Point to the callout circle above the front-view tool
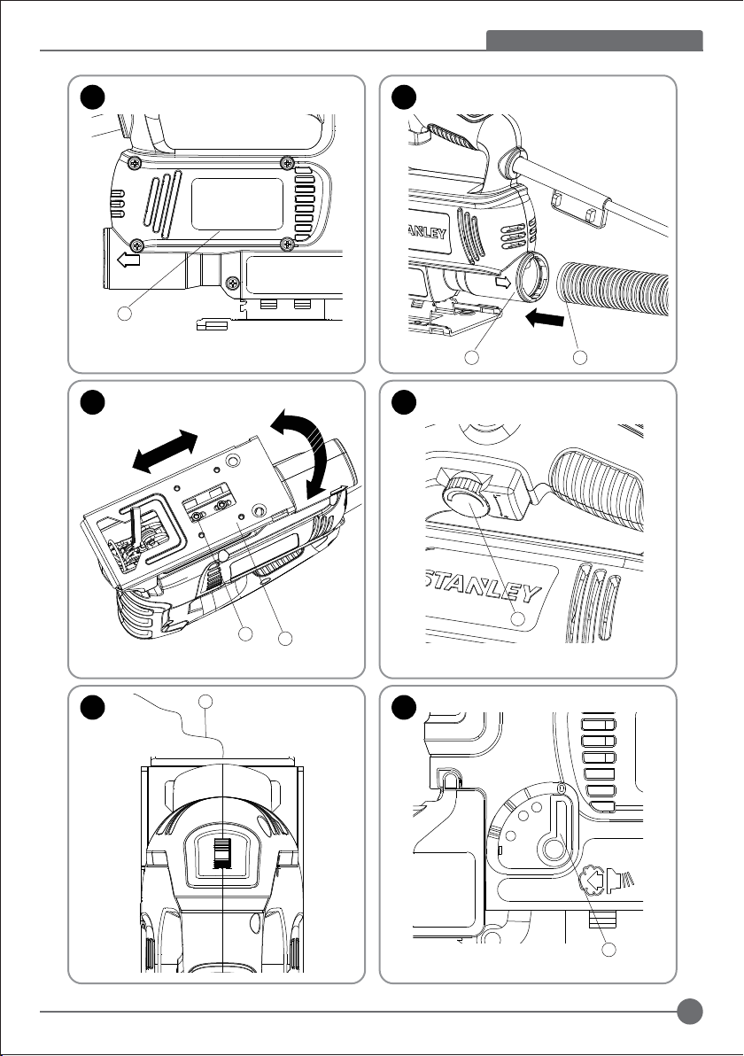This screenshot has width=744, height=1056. point(205,703)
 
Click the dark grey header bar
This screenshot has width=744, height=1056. point(594,41)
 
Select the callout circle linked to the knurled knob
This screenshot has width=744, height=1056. point(520,617)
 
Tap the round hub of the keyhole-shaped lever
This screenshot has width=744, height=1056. point(555,850)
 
